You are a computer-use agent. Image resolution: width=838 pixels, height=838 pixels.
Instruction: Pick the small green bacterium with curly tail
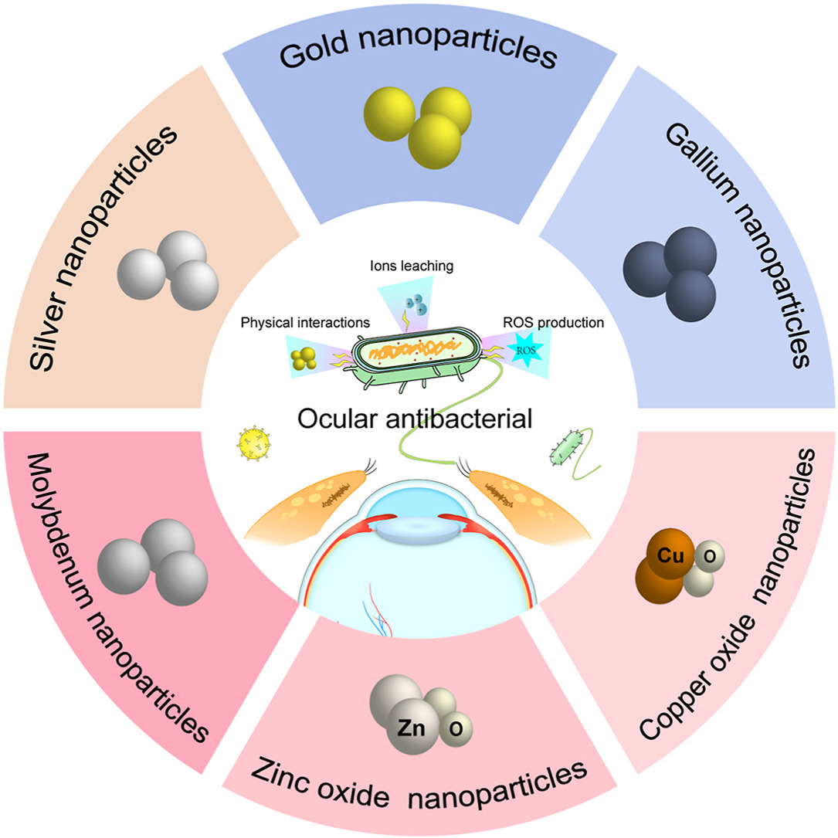click(x=561, y=449)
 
